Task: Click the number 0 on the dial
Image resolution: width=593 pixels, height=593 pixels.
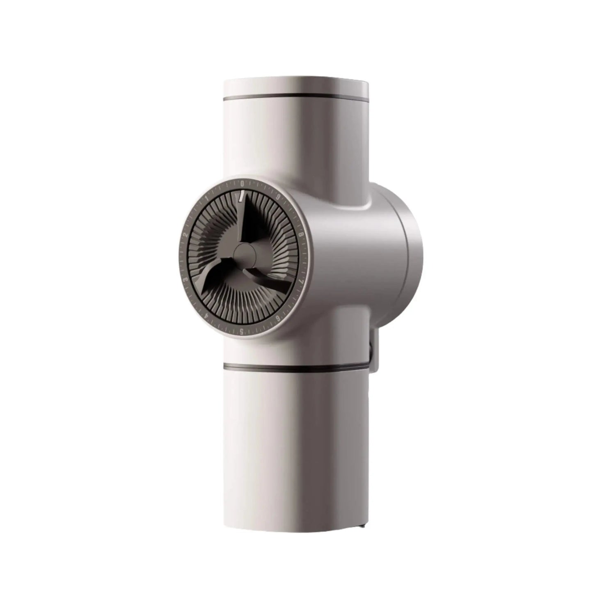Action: click(242, 183)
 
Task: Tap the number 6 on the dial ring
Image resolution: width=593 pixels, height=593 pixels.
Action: click(279, 318)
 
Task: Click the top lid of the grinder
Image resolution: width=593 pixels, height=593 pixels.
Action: click(296, 86)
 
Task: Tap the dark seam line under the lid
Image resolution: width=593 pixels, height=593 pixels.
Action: click(296, 98)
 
